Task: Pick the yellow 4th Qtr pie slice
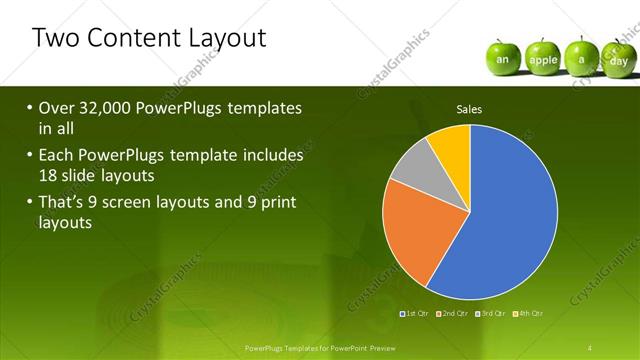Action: pyautogui.click(x=451, y=146)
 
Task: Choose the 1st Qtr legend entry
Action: pyautogui.click(x=414, y=314)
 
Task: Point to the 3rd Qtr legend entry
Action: pyautogui.click(x=490, y=314)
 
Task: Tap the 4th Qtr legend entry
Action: pyautogui.click(x=528, y=314)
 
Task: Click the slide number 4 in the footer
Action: pyautogui.click(x=591, y=347)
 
